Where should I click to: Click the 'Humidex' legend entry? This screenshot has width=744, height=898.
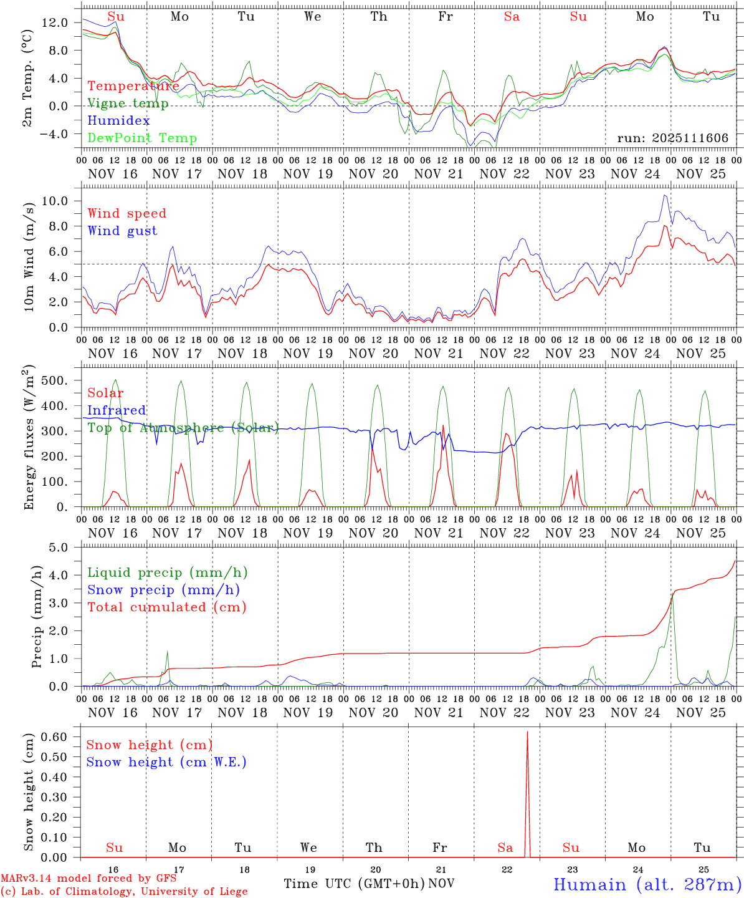(118, 121)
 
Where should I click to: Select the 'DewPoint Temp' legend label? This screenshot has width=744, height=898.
(142, 138)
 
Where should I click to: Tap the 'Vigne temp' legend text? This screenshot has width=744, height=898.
(128, 104)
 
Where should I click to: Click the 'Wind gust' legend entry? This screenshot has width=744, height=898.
(122, 231)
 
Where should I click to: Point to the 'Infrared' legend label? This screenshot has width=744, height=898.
(117, 410)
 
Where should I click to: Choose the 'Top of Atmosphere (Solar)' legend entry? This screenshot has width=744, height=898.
(183, 428)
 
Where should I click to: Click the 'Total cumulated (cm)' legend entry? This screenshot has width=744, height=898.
(166, 607)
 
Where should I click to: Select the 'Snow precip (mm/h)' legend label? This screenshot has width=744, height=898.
(163, 590)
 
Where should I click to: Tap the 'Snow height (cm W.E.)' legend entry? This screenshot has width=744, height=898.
(166, 762)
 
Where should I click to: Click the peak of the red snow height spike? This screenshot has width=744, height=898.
(527, 731)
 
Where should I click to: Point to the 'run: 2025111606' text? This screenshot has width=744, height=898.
(672, 138)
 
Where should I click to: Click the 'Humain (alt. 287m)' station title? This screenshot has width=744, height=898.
(647, 884)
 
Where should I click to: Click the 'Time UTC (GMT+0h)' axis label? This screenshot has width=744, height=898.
(354, 884)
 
